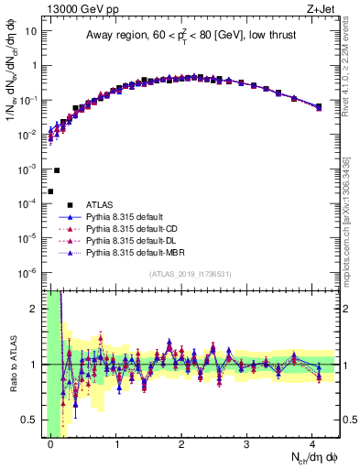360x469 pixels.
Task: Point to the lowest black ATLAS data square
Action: coord(50,191)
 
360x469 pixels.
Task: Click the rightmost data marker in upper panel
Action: coord(319,107)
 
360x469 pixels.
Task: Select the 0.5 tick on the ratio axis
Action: coord(31,420)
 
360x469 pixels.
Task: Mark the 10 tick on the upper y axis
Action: coord(31,31)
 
